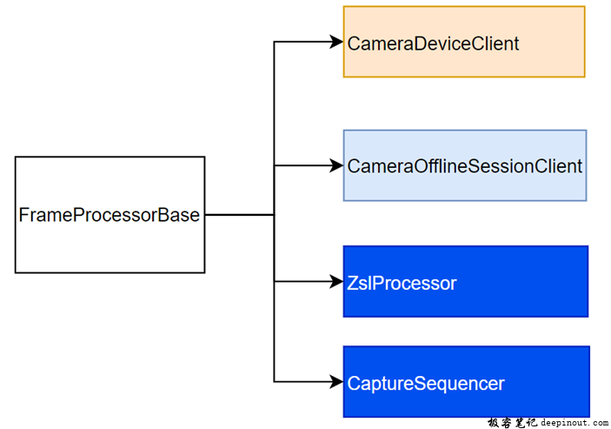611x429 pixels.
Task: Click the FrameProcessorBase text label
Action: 109,215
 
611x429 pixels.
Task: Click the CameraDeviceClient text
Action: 433,43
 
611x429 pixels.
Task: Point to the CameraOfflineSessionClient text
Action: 464,166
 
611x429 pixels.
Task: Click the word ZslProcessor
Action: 402,283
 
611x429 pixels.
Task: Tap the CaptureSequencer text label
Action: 426,383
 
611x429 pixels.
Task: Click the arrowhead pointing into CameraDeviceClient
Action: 336,42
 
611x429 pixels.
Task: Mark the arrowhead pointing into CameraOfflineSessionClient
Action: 336,165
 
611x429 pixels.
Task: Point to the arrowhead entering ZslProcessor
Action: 336,282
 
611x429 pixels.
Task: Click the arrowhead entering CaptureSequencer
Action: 336,381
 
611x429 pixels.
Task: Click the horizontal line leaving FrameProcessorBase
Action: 239,214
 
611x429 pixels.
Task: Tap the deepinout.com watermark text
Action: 568,421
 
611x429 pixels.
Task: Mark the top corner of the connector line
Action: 275,42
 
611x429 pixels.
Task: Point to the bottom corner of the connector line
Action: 275,381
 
